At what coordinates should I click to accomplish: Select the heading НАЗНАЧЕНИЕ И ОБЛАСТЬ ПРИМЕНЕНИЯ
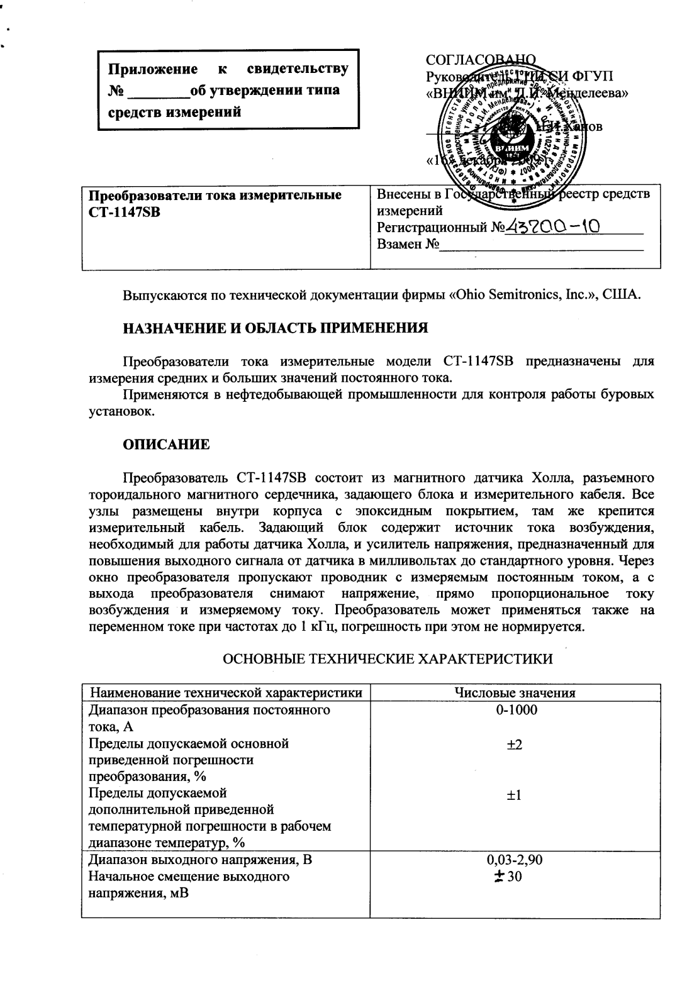tap(275, 328)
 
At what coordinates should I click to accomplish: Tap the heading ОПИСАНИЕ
tap(166, 445)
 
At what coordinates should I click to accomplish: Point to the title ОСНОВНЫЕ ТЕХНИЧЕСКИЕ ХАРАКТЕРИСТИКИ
tap(388, 659)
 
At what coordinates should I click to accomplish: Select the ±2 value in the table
tap(515, 744)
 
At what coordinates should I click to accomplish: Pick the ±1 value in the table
tap(515, 795)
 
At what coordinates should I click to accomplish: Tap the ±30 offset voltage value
tap(510, 877)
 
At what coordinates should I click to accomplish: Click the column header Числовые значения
tap(515, 693)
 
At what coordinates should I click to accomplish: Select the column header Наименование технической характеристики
tap(226, 693)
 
